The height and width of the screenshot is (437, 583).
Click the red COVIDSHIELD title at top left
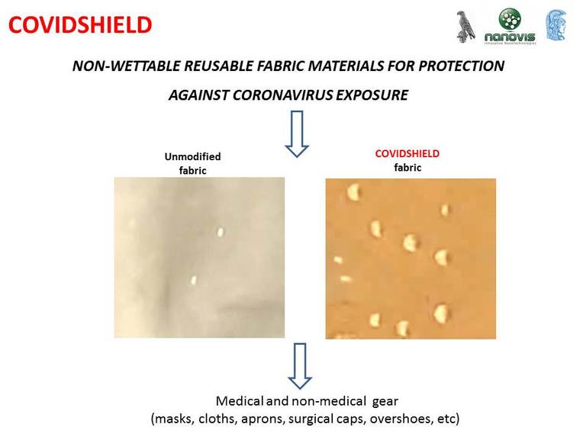click(x=80, y=25)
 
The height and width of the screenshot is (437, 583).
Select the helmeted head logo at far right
click(x=556, y=26)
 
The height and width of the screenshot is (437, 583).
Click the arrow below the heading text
click(x=295, y=133)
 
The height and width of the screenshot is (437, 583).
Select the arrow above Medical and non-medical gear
click(x=299, y=365)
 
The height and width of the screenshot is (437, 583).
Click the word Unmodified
click(x=192, y=157)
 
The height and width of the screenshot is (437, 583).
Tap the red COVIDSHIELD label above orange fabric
click(x=407, y=153)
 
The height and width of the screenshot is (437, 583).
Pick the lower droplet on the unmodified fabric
click(x=194, y=280)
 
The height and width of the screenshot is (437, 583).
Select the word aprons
click(x=266, y=419)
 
